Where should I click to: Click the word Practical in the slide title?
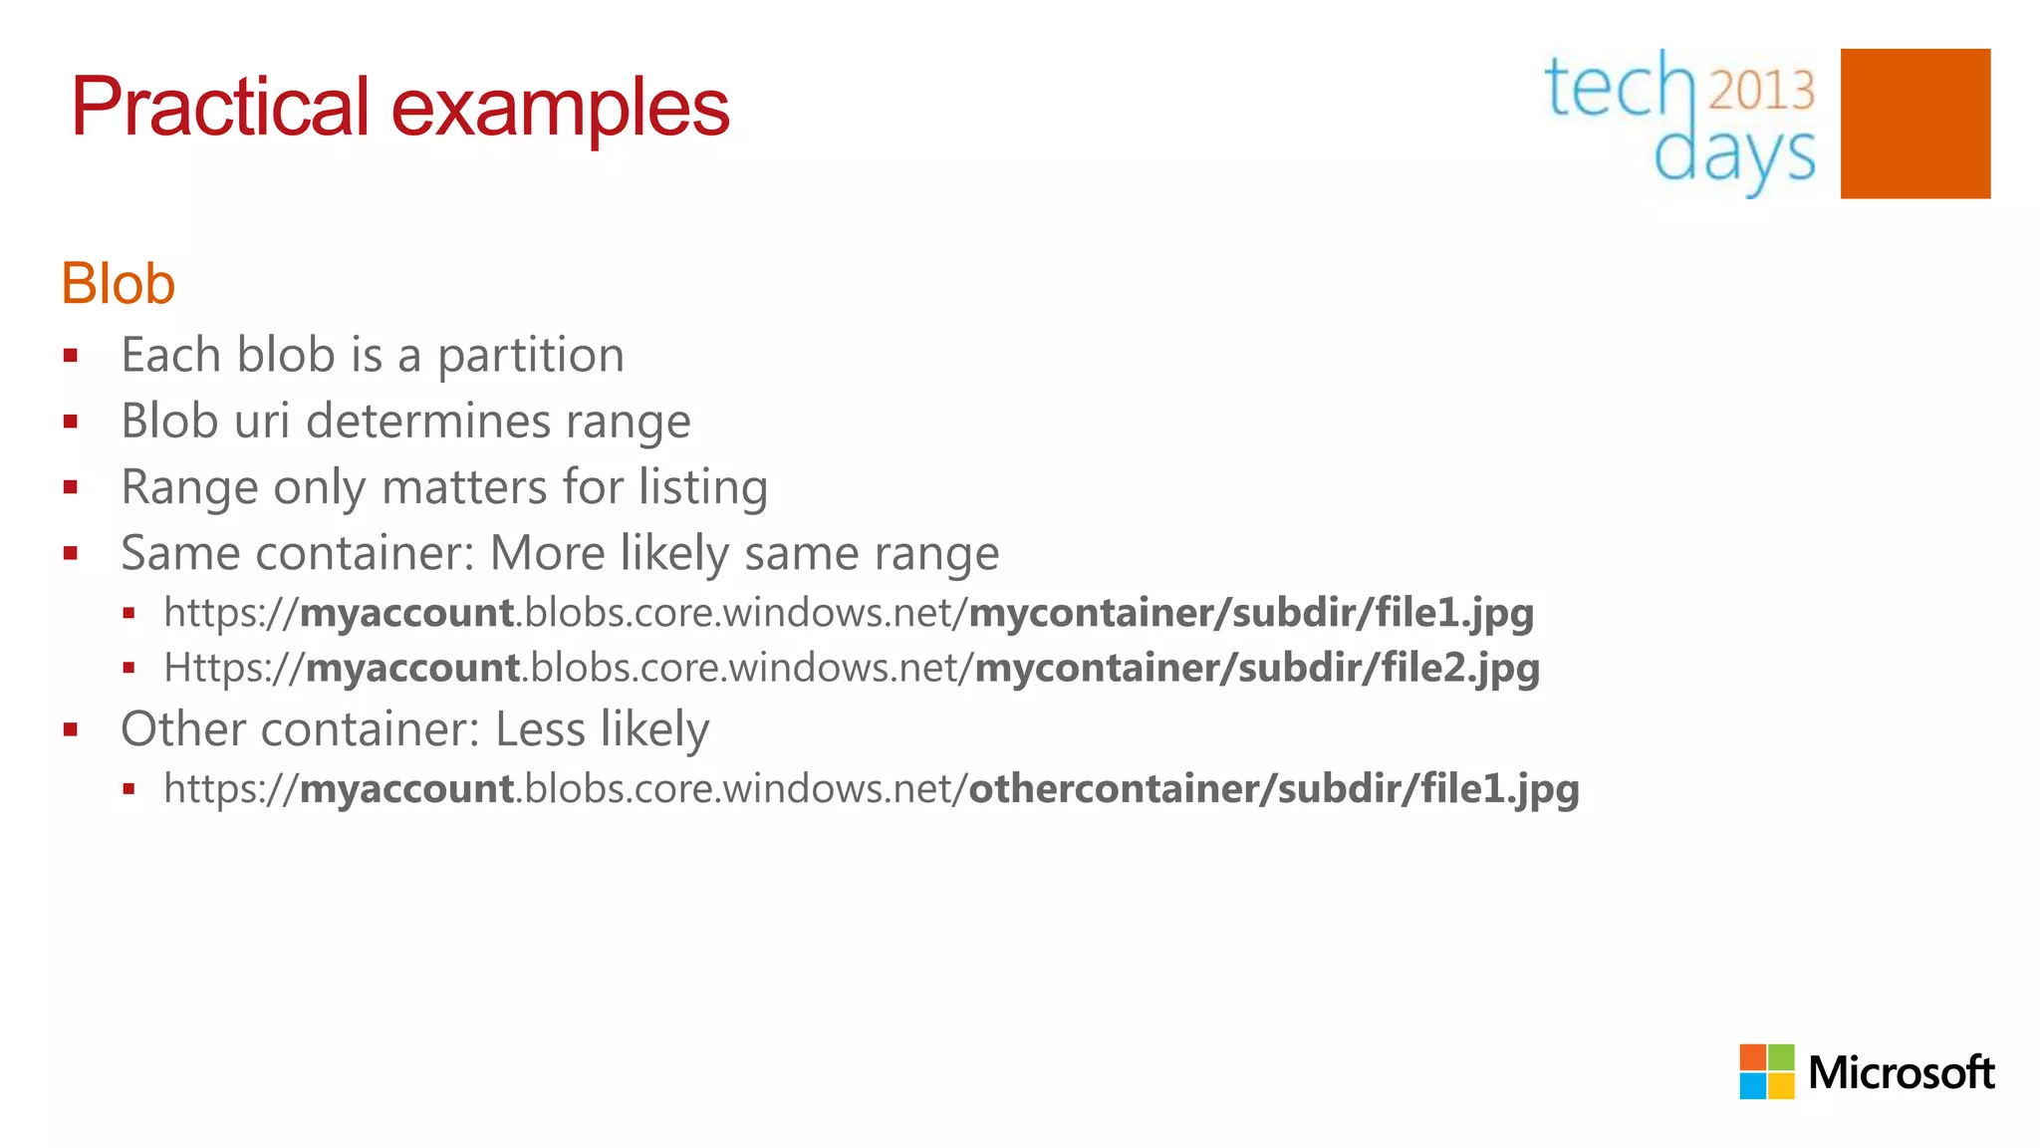pos(220,108)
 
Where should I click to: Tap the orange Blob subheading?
pos(119,284)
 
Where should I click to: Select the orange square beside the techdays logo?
pos(1914,124)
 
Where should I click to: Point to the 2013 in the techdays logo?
pos(1761,90)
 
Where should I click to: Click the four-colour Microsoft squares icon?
pos(1766,1071)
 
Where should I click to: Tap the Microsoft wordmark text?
pos(1901,1072)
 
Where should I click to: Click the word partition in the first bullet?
pos(531,356)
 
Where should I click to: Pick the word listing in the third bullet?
pos(703,488)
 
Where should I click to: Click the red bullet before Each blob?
pos(71,356)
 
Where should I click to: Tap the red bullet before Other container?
pos(71,729)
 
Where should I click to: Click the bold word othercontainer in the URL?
pos(1114,789)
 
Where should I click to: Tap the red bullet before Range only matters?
pos(71,487)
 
